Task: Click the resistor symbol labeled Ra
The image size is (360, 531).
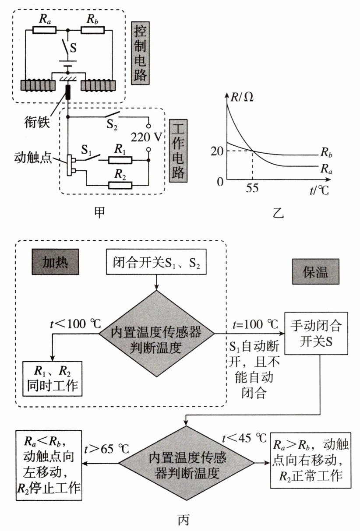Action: [44, 30]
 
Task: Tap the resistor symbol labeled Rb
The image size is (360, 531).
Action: [92, 30]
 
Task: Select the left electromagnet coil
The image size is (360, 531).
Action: [38, 86]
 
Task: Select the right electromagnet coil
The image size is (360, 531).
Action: [98, 86]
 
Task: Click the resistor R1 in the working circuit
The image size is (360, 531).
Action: [120, 161]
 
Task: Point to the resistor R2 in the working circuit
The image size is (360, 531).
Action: [120, 185]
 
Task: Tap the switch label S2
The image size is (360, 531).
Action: [112, 125]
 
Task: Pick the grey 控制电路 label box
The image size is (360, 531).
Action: [140, 53]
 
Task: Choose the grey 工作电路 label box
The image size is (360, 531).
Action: [178, 151]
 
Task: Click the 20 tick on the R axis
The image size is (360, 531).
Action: [217, 151]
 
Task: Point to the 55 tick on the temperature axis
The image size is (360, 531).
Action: [252, 188]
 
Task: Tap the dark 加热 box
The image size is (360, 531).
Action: [55, 262]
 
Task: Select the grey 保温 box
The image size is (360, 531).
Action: [316, 271]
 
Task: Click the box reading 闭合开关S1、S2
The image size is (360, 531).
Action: [156, 262]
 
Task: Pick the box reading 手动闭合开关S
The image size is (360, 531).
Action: [316, 333]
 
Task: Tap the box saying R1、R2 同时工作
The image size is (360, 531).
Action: [53, 379]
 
